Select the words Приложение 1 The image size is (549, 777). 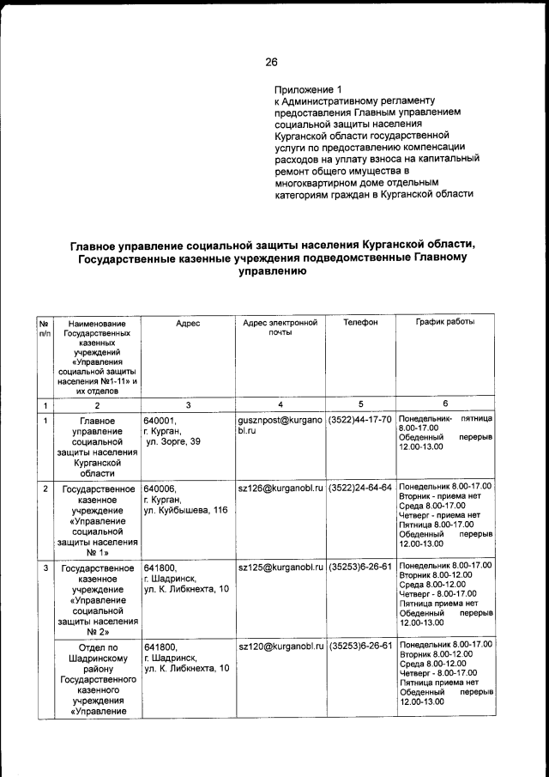(x=308, y=89)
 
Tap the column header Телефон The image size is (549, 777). (x=360, y=323)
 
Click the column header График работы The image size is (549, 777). (x=444, y=323)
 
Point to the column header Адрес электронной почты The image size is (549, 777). (x=281, y=328)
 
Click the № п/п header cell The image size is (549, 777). (x=45, y=328)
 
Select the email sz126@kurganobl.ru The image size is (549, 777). (x=281, y=488)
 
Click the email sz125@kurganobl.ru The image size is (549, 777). (x=281, y=568)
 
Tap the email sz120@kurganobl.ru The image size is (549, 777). (x=281, y=645)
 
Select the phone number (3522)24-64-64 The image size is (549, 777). (x=360, y=488)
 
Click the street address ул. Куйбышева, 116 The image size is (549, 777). (x=186, y=511)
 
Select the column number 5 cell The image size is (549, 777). (x=360, y=404)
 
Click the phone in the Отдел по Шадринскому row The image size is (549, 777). (x=360, y=645)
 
